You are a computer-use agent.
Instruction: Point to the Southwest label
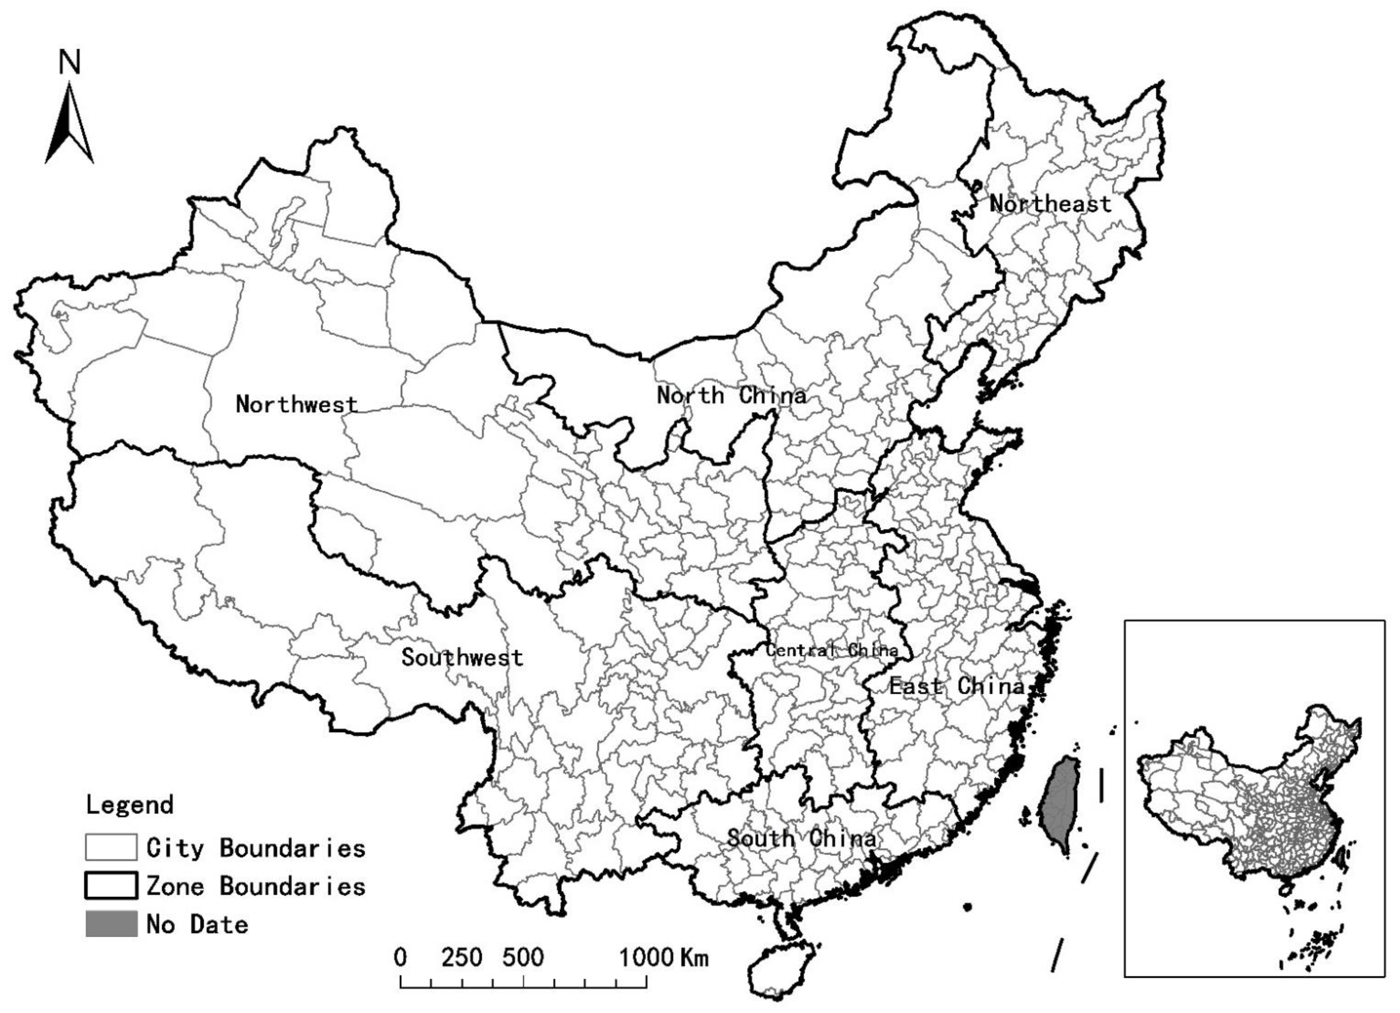point(462,657)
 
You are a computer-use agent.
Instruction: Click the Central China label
point(831,650)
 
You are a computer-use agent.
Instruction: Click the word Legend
point(129,805)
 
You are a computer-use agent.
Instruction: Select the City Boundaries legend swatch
point(111,847)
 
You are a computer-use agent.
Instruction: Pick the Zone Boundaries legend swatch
point(111,886)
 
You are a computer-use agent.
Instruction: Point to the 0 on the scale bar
point(400,957)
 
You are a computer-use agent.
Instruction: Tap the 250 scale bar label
point(462,957)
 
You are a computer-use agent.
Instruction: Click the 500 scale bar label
point(523,957)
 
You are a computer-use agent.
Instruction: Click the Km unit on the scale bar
point(694,957)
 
